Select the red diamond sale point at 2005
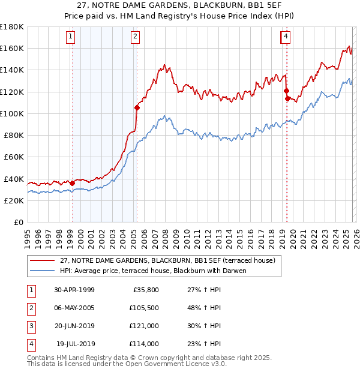[137, 108]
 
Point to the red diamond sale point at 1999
[73, 183]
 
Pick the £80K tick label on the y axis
[14, 135]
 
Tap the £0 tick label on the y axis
[19, 222]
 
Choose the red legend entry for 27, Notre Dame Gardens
[167, 260]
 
